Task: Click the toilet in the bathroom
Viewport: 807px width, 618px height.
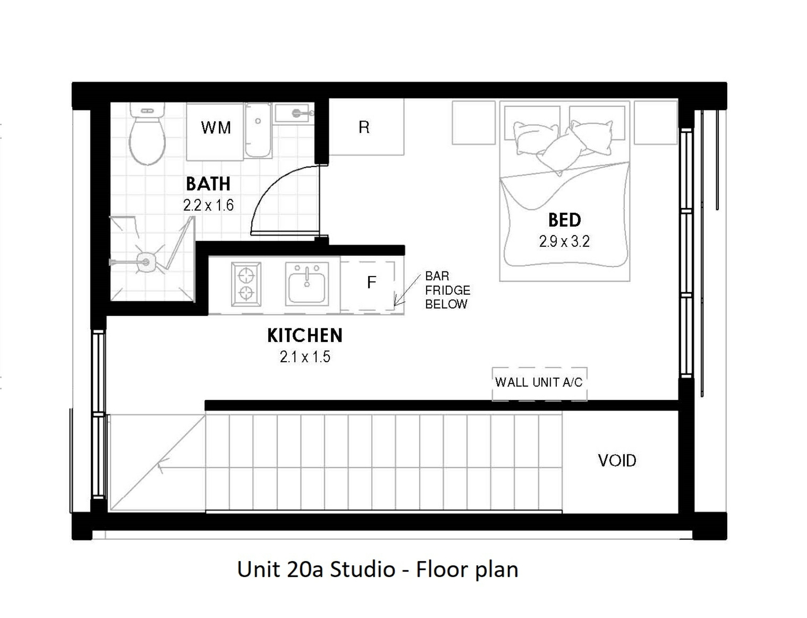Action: (147, 134)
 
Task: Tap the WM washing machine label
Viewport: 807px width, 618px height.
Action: (216, 128)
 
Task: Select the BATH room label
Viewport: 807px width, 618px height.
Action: (208, 184)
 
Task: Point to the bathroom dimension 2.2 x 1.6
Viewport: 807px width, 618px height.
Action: (208, 205)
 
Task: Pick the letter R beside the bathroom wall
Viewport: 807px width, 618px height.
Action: (364, 128)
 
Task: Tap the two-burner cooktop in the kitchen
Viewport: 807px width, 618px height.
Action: (246, 284)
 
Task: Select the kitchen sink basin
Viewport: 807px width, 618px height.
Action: (307, 284)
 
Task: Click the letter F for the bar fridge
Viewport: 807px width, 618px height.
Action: (371, 283)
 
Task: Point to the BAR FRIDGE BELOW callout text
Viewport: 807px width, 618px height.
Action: (447, 290)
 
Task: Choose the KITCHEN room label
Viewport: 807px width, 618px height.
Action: (305, 336)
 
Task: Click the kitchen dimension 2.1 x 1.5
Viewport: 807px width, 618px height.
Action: (305, 357)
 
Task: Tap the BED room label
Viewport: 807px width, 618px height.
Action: (564, 220)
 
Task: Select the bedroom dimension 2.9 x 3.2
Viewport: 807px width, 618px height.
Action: (564, 242)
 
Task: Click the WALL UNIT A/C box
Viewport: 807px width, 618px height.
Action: (539, 384)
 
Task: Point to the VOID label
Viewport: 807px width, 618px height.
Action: (617, 461)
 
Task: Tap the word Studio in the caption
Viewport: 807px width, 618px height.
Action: (363, 570)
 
